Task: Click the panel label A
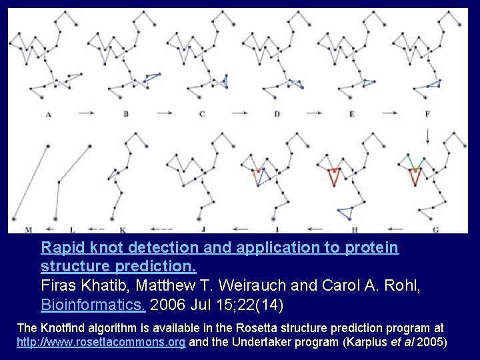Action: (x=48, y=115)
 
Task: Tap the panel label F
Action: (x=427, y=114)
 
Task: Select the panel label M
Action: (x=28, y=230)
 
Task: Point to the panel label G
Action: (x=435, y=230)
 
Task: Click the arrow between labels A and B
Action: (x=87, y=114)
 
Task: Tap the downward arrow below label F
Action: (x=427, y=135)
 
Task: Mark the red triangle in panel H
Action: (x=333, y=177)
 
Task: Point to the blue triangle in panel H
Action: (x=345, y=213)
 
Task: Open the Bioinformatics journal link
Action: (x=93, y=305)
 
